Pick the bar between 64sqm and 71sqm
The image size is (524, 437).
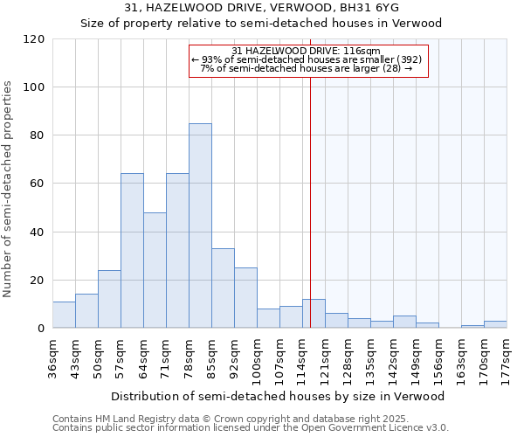pos(155,270)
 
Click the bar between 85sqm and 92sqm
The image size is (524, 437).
pos(223,288)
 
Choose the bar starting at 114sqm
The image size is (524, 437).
pos(314,314)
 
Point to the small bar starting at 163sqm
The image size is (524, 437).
pos(472,326)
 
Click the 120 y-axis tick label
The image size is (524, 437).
pos(32,39)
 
